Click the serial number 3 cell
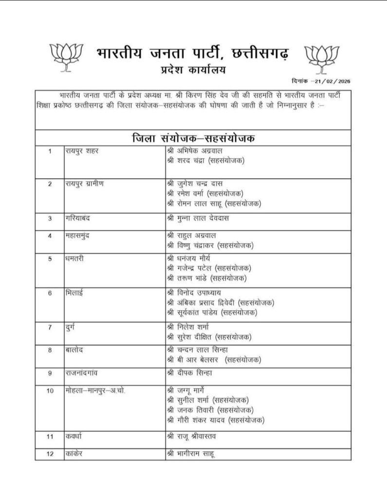(x=50, y=218)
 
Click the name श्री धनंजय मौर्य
(x=193, y=259)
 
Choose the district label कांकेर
(x=74, y=454)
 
